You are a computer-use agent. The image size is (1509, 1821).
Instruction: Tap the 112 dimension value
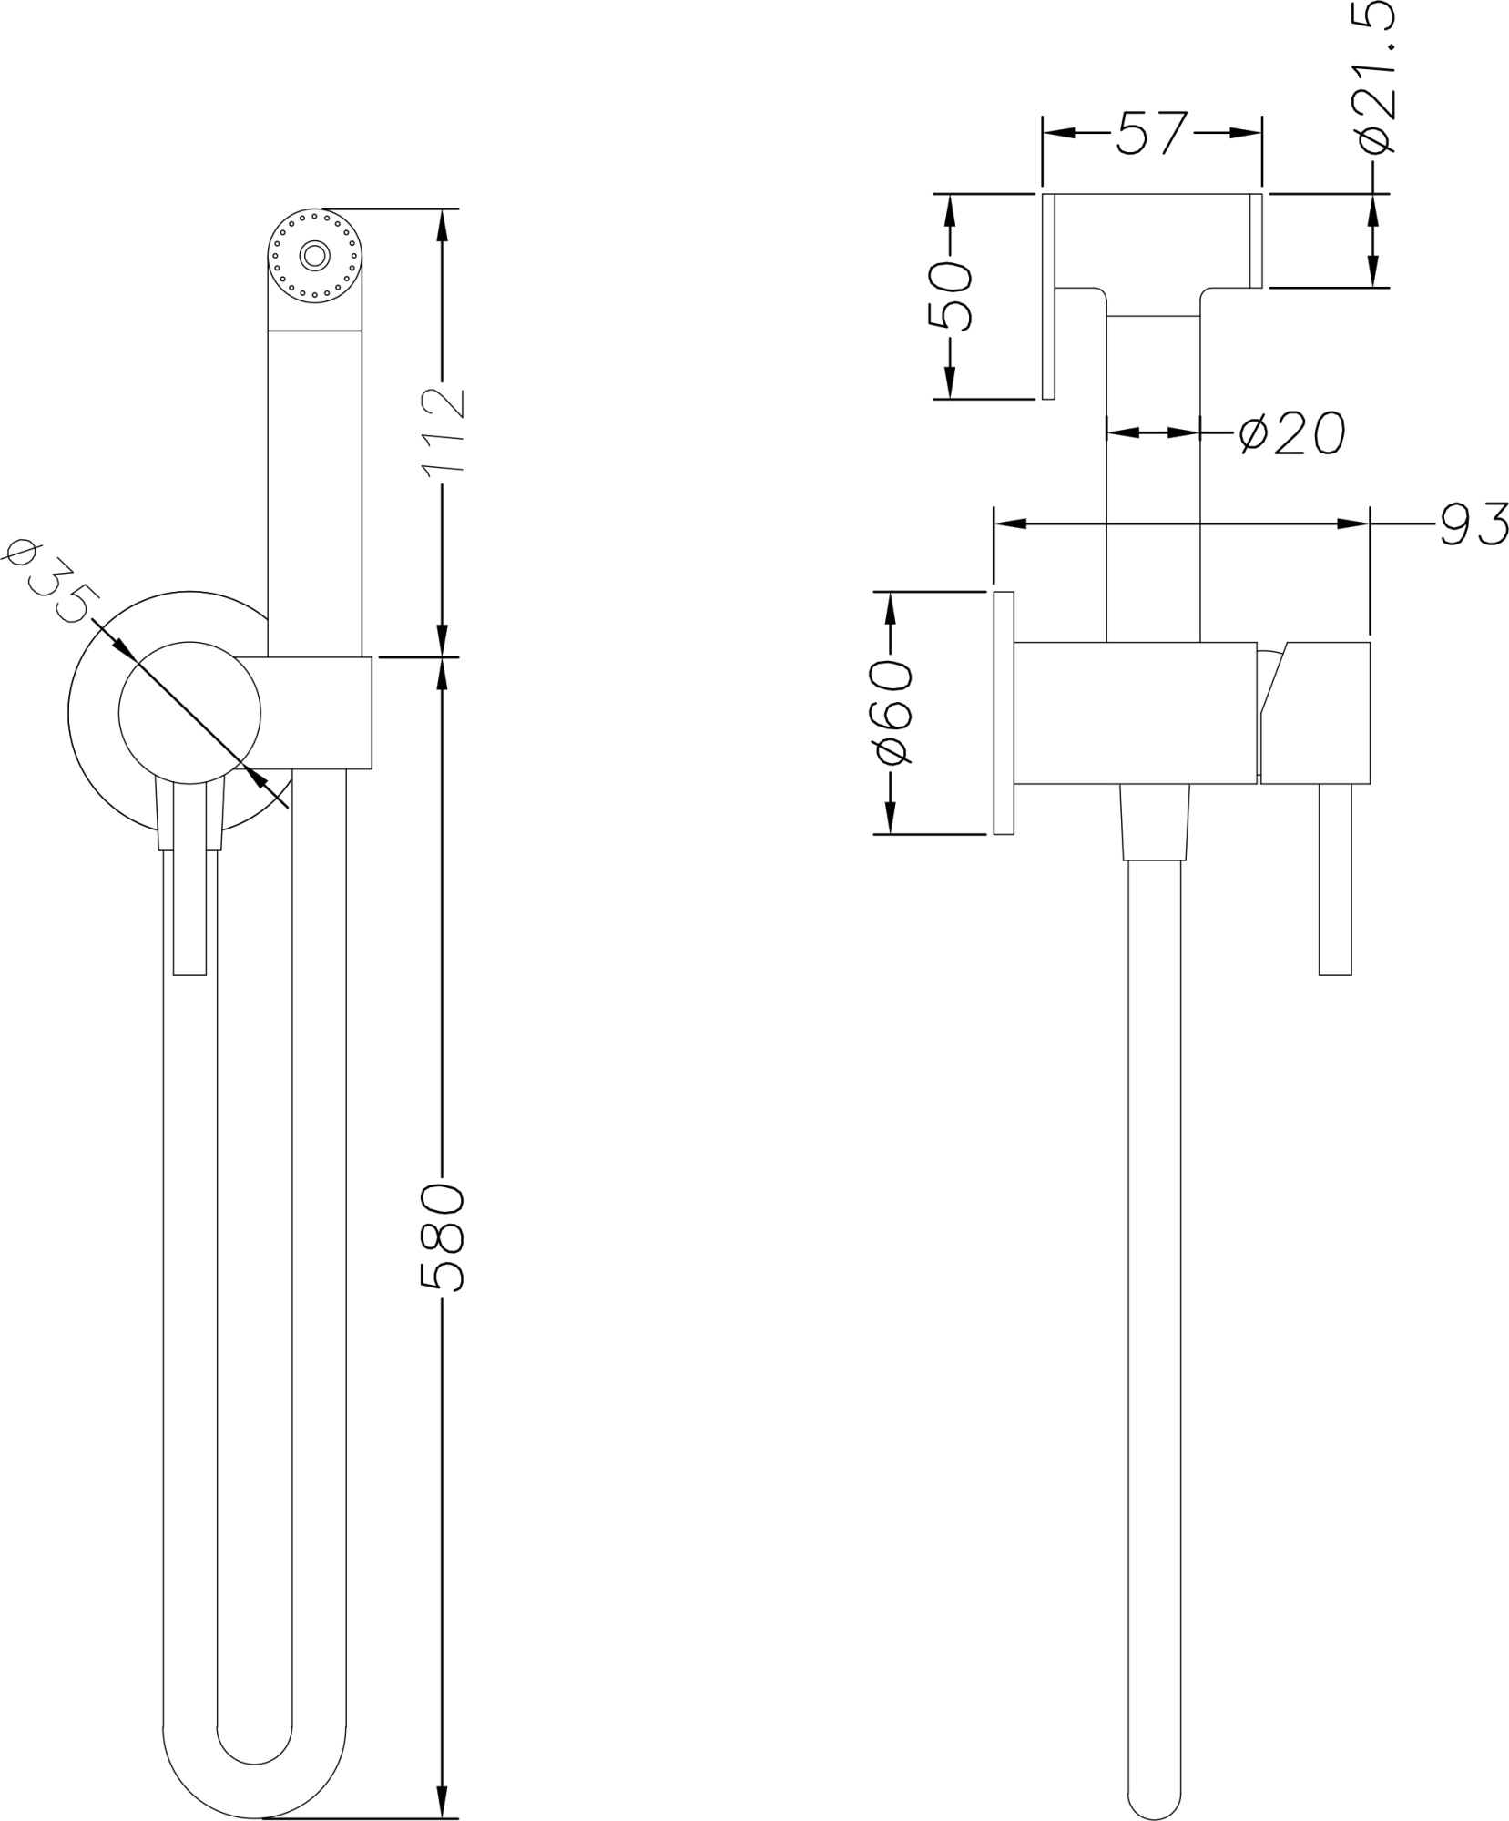point(444,430)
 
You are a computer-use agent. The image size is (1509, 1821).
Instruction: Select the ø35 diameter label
point(50,581)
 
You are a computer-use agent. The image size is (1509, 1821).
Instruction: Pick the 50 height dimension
point(949,295)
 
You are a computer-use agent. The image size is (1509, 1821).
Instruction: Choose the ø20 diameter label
point(1291,432)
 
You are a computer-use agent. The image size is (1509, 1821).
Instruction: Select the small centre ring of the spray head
point(315,255)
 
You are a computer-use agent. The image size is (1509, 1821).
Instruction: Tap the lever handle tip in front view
point(189,961)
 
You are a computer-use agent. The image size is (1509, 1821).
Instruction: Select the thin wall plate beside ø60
point(1004,712)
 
